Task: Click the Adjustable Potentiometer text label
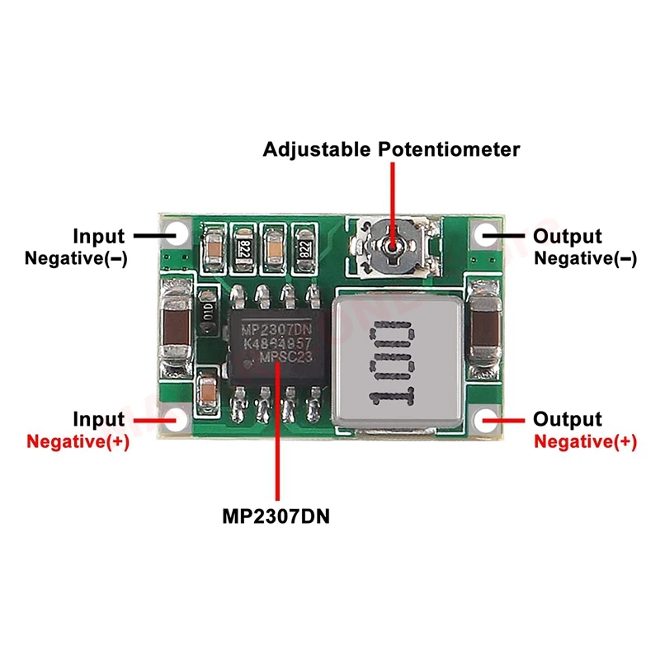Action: click(x=392, y=149)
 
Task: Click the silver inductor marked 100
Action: click(x=393, y=364)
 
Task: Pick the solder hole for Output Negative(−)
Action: click(x=481, y=234)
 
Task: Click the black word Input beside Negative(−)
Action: click(x=99, y=237)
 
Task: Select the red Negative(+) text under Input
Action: click(x=78, y=441)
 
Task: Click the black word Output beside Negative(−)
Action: click(x=568, y=237)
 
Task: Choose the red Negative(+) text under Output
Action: click(x=585, y=441)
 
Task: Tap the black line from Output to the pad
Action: click(x=505, y=236)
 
